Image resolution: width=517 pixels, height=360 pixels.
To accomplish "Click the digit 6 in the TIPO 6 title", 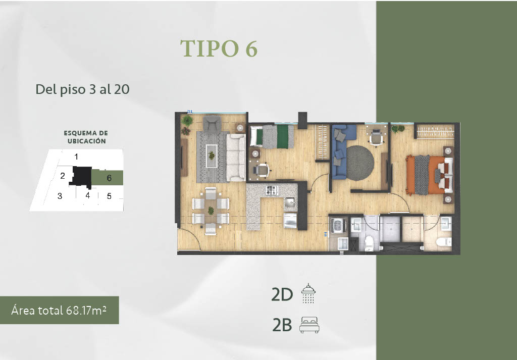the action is click(251, 49).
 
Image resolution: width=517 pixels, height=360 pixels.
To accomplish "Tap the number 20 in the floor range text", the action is click(122, 89).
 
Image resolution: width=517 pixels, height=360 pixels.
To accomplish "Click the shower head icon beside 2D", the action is click(308, 293).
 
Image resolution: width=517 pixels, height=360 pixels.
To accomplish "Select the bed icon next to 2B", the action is click(309, 325).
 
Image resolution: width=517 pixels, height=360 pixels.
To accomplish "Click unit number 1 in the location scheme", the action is click(76, 157).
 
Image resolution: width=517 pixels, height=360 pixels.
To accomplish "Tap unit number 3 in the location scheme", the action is click(60, 196).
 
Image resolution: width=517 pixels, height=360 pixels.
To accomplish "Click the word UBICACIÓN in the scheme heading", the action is click(87, 141).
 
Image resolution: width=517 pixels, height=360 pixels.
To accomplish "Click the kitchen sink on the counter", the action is click(290, 202).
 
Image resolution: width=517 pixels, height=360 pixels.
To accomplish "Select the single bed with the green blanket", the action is click(272, 136).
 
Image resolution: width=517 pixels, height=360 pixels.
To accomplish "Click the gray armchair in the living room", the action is click(212, 123).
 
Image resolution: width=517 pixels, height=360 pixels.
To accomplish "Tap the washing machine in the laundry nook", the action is click(338, 226).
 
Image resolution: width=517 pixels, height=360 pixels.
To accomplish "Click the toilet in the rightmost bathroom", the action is click(444, 242).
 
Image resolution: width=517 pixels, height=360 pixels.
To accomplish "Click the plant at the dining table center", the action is click(211, 211).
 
